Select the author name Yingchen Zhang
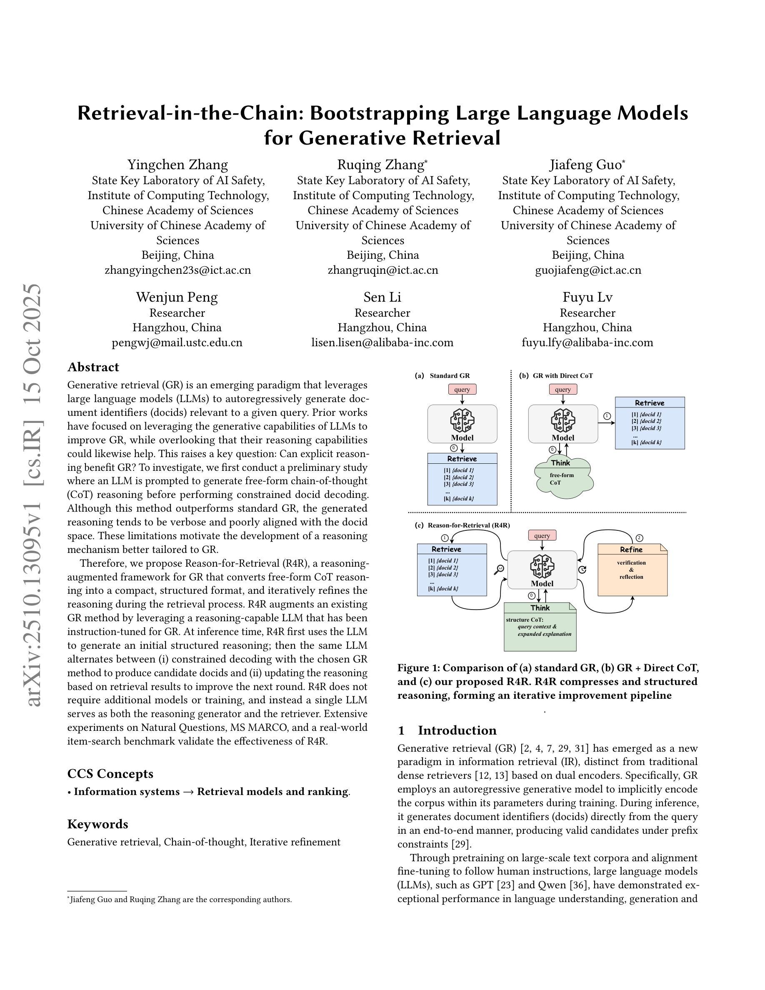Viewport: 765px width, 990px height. tap(177, 164)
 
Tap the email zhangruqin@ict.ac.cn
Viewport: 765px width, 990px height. tap(382, 270)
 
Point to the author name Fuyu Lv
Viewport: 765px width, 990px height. tap(587, 297)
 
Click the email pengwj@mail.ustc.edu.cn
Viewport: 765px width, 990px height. tap(177, 342)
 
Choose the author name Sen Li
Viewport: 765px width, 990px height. tap(382, 297)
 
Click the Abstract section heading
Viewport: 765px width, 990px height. tap(93, 367)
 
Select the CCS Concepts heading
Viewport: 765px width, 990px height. tap(110, 773)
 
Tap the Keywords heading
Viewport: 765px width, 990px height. tap(97, 824)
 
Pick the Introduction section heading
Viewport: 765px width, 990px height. tap(457, 730)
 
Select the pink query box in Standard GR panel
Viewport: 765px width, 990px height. tap(462, 390)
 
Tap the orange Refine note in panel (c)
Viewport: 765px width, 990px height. tap(632, 570)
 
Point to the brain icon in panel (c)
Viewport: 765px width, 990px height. tap(542, 567)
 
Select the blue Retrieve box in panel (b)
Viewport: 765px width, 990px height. tap(650, 423)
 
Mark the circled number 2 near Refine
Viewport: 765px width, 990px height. tap(639, 538)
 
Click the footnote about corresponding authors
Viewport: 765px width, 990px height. tap(180, 899)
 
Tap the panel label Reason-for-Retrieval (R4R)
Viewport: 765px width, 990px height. tap(468, 525)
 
